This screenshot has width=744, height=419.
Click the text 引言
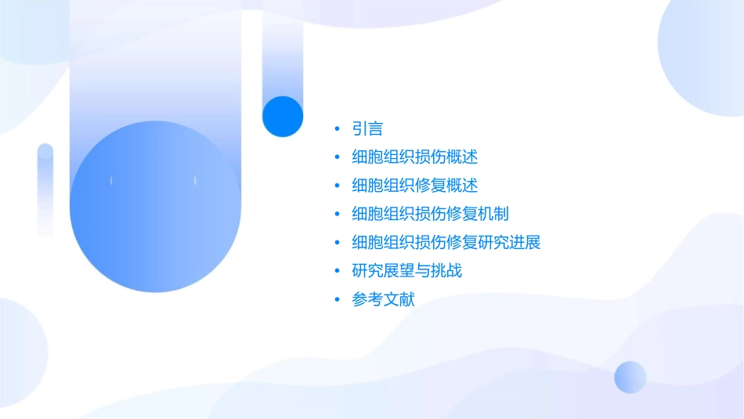(x=367, y=128)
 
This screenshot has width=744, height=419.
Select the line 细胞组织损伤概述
(x=415, y=157)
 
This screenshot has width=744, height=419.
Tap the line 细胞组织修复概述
(x=415, y=186)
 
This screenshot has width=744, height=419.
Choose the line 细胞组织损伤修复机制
(x=431, y=214)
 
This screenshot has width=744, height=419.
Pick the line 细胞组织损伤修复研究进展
(x=446, y=242)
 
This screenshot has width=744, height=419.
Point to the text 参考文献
(x=383, y=299)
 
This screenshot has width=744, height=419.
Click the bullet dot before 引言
(x=337, y=128)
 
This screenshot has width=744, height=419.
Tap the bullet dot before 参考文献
(x=337, y=299)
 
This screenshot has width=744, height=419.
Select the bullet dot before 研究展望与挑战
(x=337, y=271)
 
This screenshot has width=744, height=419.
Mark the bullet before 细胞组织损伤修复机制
(x=337, y=214)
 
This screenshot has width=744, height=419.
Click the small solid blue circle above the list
(x=283, y=116)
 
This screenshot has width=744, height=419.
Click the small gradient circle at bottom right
(x=630, y=377)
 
